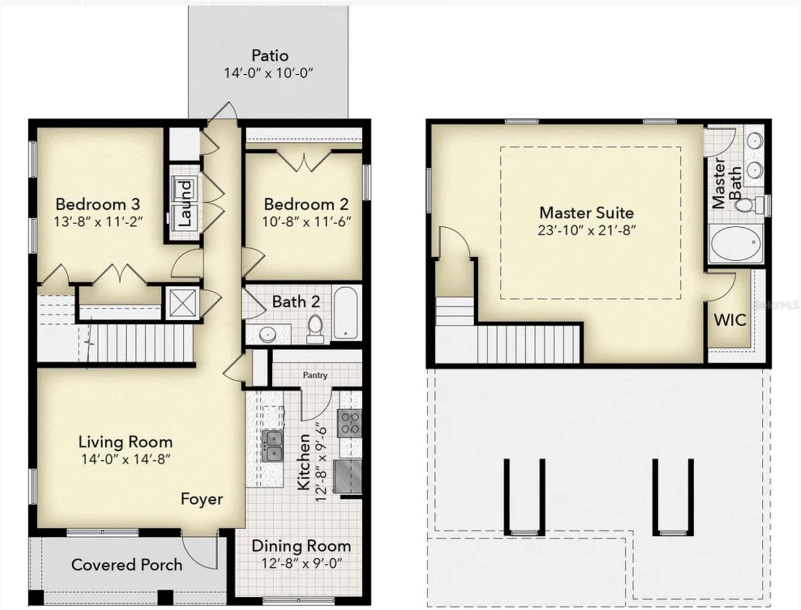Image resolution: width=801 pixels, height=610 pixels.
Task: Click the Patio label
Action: click(270, 55)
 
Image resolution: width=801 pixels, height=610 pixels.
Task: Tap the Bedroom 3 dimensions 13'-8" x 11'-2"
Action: click(98, 222)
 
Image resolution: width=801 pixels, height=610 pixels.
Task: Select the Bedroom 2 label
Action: click(306, 204)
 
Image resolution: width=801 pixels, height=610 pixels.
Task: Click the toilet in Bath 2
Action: click(315, 328)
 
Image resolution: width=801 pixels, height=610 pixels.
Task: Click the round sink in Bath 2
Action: click(267, 334)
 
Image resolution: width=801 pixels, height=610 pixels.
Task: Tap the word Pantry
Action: click(315, 375)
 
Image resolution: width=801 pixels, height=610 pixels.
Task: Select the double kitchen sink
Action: click(272, 446)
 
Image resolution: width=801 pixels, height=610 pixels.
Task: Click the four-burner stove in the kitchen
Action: click(350, 423)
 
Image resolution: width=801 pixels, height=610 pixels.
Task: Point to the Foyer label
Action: click(202, 499)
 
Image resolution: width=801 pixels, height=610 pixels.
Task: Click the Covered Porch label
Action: click(127, 564)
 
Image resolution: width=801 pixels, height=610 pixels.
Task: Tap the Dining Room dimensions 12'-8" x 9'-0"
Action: click(301, 563)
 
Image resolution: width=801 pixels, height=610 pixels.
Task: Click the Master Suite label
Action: click(586, 212)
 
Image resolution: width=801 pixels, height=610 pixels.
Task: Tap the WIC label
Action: click(730, 320)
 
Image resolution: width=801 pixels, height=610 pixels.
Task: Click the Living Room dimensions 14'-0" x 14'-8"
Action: click(125, 459)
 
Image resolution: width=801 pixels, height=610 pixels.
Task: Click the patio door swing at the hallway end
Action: click(224, 111)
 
